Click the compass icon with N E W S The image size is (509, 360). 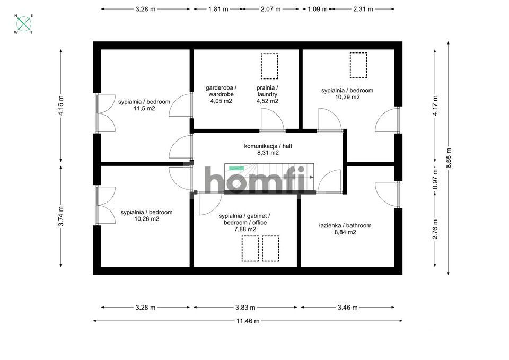point(24,24)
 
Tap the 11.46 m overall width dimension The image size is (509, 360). point(248,321)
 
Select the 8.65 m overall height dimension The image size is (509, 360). point(449,158)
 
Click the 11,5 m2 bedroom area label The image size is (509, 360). point(144,108)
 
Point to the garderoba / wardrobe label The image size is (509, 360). point(221,91)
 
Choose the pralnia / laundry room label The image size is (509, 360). point(267,91)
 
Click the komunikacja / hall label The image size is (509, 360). point(268,146)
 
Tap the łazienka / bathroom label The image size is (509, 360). point(345,226)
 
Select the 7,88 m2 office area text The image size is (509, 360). point(245,229)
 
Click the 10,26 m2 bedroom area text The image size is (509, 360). point(147,219)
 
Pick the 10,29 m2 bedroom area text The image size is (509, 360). point(347,97)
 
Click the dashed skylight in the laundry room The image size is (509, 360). point(269,66)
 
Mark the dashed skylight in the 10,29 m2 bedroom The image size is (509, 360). point(358,65)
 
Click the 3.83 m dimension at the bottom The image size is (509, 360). point(245,308)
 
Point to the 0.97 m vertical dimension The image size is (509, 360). point(435,179)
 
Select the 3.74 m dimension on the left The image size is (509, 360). point(60,216)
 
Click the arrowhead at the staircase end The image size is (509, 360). point(312,177)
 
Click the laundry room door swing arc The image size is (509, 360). point(275,116)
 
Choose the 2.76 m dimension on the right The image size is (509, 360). point(435,229)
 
